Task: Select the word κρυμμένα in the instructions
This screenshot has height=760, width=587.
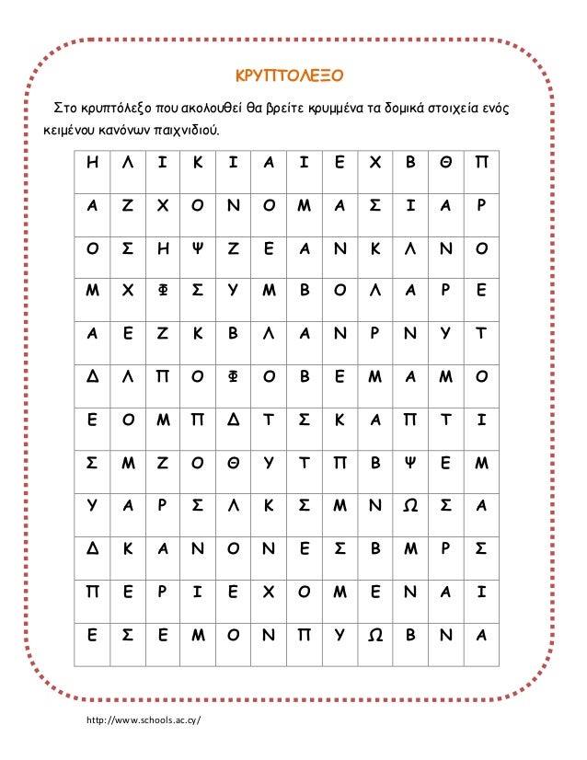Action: pyautogui.click(x=336, y=110)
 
